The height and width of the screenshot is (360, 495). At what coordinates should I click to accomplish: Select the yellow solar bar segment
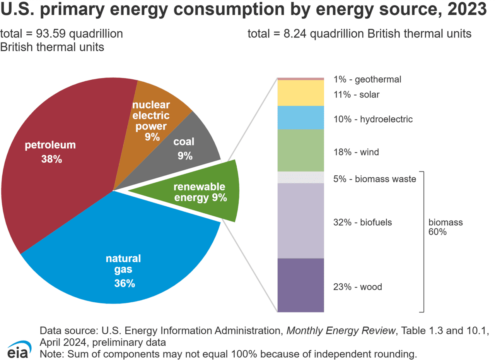pyautogui.click(x=300, y=93)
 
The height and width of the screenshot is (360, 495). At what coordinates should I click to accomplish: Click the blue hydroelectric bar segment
pyautogui.click(x=300, y=117)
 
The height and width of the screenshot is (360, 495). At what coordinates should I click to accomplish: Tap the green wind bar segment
pyautogui.click(x=300, y=150)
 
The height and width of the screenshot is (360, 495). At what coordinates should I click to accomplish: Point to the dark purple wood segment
pyautogui.click(x=300, y=285)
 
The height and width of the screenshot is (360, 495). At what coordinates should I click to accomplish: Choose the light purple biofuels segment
pyautogui.click(x=300, y=221)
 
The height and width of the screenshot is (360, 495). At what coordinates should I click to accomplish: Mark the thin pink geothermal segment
pyautogui.click(x=300, y=79)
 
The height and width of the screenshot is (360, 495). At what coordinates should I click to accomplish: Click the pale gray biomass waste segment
pyautogui.click(x=300, y=177)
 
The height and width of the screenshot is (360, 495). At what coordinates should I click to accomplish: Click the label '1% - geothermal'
pyautogui.click(x=367, y=80)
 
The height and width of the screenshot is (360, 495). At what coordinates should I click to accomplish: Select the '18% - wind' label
pyautogui.click(x=356, y=152)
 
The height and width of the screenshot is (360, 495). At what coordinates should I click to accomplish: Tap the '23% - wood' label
pyautogui.click(x=358, y=287)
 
